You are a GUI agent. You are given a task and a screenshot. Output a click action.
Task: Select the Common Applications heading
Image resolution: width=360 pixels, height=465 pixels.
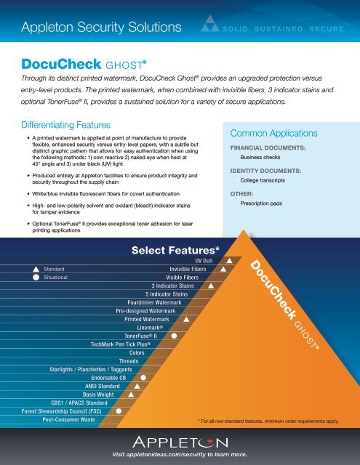coord(273,134)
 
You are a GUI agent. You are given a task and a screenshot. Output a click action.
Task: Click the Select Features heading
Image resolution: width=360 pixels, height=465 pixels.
coord(175,250)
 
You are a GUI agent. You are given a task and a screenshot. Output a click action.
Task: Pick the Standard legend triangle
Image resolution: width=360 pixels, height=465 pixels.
coord(35,269)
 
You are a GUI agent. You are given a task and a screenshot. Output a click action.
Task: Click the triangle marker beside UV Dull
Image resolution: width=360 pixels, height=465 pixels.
coord(229,260)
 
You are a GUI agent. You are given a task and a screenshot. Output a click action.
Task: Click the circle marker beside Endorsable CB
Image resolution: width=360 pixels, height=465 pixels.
coord(144,379)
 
